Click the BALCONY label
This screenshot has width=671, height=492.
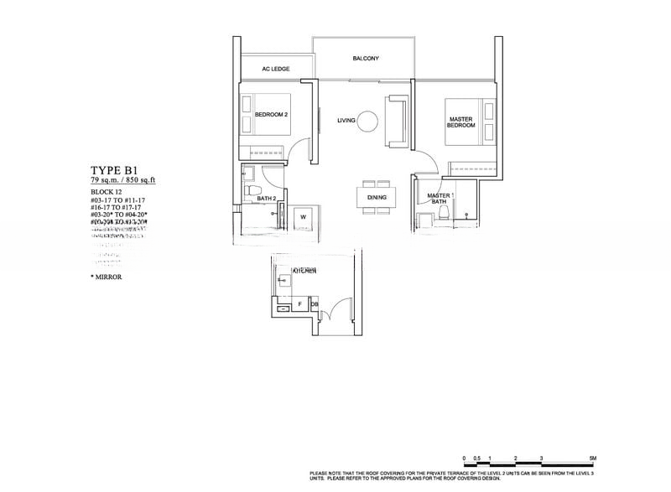pyautogui.click(x=366, y=59)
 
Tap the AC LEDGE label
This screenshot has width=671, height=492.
pyautogui.click(x=276, y=69)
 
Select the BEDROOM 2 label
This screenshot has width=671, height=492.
pyautogui.click(x=272, y=114)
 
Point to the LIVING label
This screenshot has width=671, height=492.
pyautogui.click(x=346, y=121)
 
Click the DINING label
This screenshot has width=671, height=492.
pyautogui.click(x=374, y=199)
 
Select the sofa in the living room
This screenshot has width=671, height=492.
pyautogui.click(x=396, y=121)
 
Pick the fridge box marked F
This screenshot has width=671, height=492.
pyautogui.click(x=299, y=303)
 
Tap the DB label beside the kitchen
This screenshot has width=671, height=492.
pyautogui.click(x=315, y=303)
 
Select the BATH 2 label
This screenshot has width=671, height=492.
pyautogui.click(x=267, y=199)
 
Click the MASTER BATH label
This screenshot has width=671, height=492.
pyautogui.click(x=438, y=199)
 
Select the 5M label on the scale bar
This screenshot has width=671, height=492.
pyautogui.click(x=593, y=458)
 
